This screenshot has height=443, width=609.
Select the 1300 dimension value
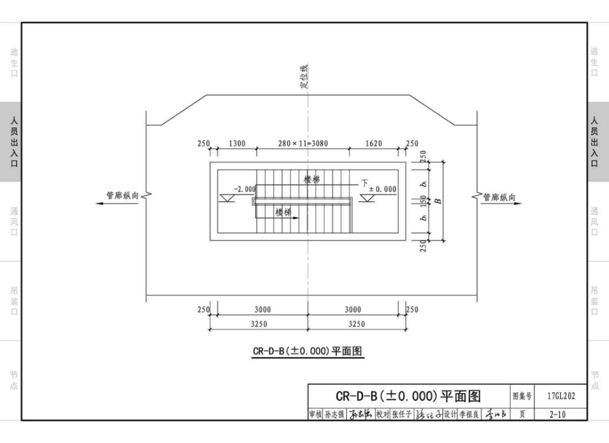click(x=237, y=144)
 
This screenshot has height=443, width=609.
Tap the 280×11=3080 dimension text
click(x=303, y=144)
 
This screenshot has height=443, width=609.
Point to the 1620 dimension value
click(x=373, y=144)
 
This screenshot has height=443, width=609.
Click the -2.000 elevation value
click(x=244, y=189)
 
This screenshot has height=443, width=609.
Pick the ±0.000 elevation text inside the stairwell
click(x=382, y=189)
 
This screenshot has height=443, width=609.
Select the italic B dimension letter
click(x=438, y=201)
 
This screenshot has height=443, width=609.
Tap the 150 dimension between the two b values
click(x=424, y=201)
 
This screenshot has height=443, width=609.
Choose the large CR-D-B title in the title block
click(x=408, y=396)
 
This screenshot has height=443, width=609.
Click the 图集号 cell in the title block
click(x=521, y=396)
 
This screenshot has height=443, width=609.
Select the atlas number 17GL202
click(x=561, y=396)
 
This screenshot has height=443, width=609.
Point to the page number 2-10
click(x=558, y=414)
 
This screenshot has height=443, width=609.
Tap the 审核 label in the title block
click(x=315, y=415)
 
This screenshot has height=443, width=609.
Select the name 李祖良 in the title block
click(x=470, y=415)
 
